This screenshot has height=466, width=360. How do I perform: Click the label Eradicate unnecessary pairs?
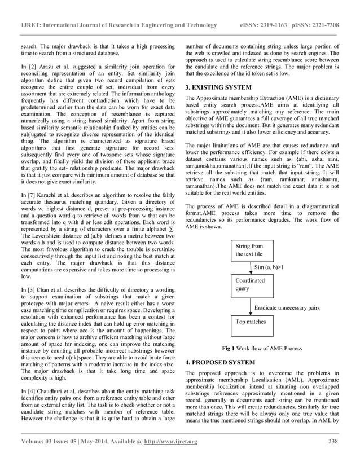(x=287, y=308)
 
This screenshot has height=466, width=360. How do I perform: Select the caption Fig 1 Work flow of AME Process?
(x=262, y=348)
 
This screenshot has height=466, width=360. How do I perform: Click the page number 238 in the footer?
(x=333, y=442)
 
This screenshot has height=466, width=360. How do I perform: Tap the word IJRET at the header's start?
(x=32, y=25)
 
